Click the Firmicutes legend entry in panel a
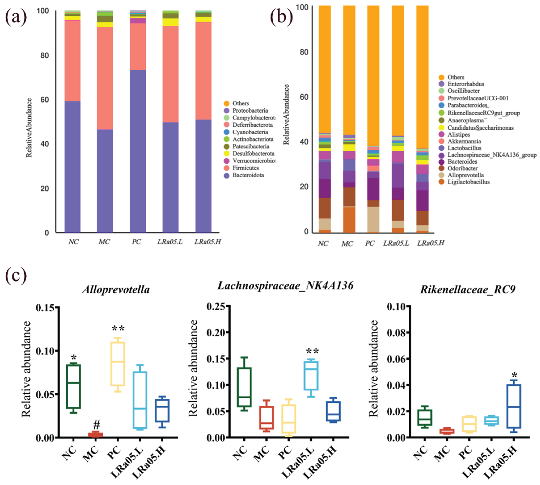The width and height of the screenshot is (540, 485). click(245, 168)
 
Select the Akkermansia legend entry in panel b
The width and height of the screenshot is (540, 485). click(464, 141)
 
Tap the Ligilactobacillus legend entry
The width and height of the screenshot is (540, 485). click(468, 182)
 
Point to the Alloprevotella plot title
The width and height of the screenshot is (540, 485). click(116, 289)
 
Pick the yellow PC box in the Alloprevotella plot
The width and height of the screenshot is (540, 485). click(118, 364)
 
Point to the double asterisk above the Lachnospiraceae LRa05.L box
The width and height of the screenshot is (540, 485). click(312, 351)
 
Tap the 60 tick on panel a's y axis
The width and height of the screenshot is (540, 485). click(45, 100)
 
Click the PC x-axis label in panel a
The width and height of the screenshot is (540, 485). click(136, 242)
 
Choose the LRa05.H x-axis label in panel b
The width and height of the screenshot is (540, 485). click(430, 243)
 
